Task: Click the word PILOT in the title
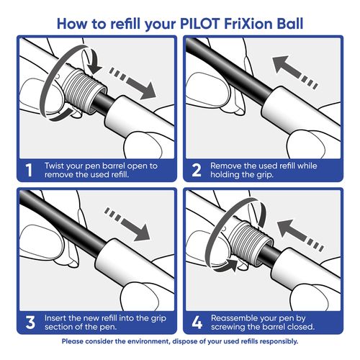coord(199,24)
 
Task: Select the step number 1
coord(29,170)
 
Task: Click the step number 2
coord(197,170)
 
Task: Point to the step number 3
coord(30,323)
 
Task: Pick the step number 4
coord(197,323)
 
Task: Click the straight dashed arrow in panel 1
coord(132,84)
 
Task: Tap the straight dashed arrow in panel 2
coord(295,73)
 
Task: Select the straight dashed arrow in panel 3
coord(127,225)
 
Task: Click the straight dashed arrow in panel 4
coord(300,235)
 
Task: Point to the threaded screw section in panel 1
coord(84,91)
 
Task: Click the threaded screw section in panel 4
coord(250,243)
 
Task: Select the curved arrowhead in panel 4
coord(229,265)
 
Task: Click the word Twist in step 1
coord(54,166)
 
